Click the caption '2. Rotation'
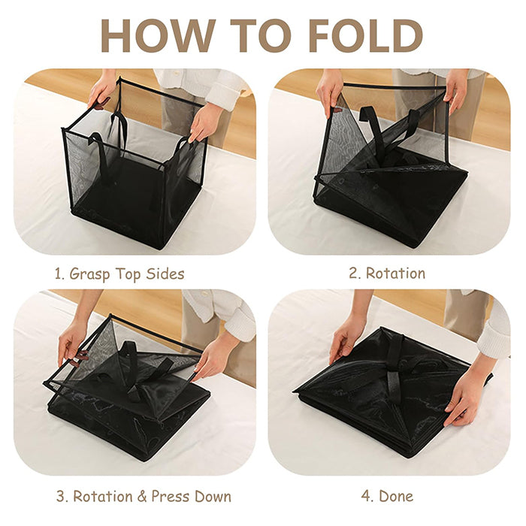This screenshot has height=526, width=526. tap(387, 273)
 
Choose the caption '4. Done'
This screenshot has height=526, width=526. tap(387, 497)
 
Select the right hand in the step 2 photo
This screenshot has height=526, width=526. tap(455, 89)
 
